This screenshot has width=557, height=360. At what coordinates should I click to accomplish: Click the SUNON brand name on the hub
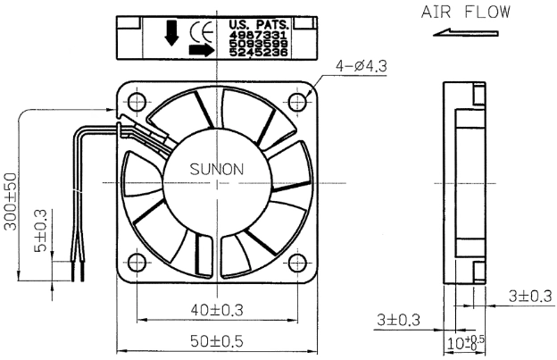(217, 169)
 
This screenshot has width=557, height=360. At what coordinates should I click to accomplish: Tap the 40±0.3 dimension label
(217, 310)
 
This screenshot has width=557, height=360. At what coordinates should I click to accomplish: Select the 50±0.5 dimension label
(217, 341)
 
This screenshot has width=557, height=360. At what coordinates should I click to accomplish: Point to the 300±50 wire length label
(11, 202)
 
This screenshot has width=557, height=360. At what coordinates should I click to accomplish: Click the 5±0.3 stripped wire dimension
(40, 230)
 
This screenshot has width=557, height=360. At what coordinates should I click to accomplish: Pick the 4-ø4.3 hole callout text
(362, 66)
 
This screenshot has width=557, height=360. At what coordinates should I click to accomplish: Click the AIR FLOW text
(466, 13)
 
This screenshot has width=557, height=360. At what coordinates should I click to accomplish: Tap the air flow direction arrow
(466, 33)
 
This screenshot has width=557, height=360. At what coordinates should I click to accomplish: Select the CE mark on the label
(202, 32)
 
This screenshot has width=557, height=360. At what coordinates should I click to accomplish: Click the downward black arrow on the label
(172, 33)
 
